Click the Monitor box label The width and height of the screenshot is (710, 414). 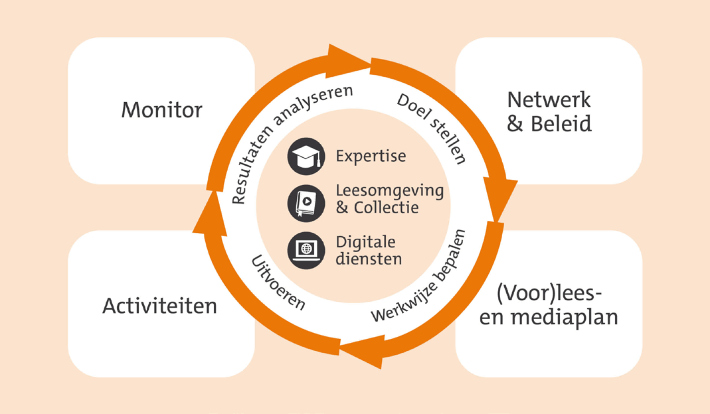(x=161, y=110)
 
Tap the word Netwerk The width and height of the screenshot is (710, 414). (x=549, y=100)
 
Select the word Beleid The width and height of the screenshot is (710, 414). (x=561, y=123)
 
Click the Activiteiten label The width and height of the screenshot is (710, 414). (x=159, y=306)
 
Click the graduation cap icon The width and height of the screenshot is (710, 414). (x=306, y=157)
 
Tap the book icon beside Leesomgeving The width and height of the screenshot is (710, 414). (x=306, y=203)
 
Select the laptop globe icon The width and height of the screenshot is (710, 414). (x=306, y=250)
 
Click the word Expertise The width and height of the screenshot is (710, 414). (x=371, y=157)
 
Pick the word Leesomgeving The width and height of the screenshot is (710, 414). (x=389, y=191)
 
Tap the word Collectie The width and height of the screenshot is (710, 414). (x=387, y=208)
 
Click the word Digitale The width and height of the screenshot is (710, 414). (x=365, y=243)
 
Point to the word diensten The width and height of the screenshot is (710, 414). (x=369, y=259)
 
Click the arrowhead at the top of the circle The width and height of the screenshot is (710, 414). (x=348, y=60)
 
